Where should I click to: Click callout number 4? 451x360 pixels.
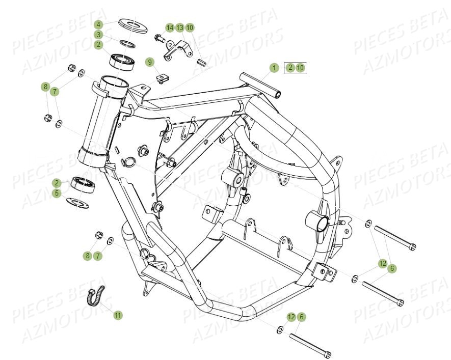99,24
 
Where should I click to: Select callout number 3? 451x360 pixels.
99,35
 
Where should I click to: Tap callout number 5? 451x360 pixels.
58,193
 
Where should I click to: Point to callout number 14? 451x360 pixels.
170,27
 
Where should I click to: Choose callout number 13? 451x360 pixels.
180,27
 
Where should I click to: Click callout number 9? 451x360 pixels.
149,62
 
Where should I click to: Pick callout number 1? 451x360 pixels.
274,67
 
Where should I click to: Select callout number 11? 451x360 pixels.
118,315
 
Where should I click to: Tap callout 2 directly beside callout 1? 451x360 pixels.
289,67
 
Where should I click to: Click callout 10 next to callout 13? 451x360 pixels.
190,27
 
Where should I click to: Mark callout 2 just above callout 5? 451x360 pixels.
58,183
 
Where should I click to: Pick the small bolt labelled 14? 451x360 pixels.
159,38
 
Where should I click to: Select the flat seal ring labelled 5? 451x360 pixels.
82,202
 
